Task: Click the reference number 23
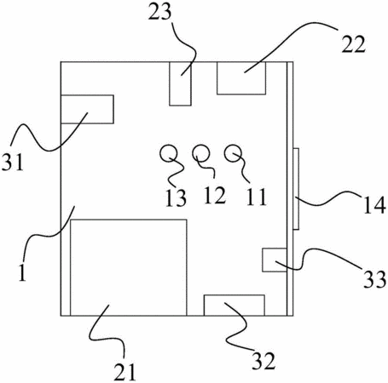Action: tap(160, 13)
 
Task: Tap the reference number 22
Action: tap(353, 45)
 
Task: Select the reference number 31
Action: tap(13, 162)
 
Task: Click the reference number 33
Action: tap(375, 279)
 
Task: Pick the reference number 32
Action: tap(263, 361)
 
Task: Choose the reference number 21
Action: tap(125, 372)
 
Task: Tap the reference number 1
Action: tap(22, 272)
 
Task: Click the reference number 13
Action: tap(176, 197)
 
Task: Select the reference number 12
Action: tap(215, 195)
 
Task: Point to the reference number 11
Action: tap(257, 197)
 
